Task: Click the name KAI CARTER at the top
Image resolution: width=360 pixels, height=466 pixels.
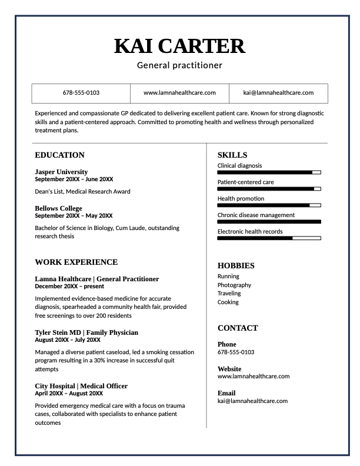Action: point(179,45)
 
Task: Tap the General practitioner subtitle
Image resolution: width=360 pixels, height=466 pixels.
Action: point(179,65)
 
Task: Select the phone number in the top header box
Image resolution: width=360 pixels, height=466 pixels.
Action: point(81,93)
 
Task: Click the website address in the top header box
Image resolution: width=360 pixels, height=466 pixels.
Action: point(179,93)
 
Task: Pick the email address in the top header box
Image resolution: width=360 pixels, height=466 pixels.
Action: point(278,93)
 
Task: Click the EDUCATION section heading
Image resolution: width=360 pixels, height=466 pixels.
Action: point(59,155)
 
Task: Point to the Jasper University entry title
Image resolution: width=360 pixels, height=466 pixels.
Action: point(61,172)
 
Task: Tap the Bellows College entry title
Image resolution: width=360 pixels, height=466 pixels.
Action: point(58,208)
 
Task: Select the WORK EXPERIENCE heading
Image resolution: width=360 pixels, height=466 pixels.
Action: point(76,262)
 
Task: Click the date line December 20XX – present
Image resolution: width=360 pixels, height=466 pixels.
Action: point(69,287)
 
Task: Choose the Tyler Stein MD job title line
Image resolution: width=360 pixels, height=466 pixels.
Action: point(86,332)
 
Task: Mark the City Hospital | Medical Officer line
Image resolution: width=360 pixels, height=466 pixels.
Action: point(81,386)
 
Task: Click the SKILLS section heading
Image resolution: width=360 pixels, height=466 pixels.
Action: point(232,155)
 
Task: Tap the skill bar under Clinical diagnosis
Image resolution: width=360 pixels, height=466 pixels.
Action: point(269,172)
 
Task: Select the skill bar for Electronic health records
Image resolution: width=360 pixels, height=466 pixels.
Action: point(269,238)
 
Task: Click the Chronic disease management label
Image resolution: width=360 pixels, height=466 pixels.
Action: point(256,215)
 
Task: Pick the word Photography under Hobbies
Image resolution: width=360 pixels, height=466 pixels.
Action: point(234,285)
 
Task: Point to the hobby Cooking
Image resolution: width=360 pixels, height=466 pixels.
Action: point(228,302)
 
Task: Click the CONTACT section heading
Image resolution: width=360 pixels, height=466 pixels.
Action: point(238,328)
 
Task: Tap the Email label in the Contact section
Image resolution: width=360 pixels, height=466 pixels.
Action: point(226,393)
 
